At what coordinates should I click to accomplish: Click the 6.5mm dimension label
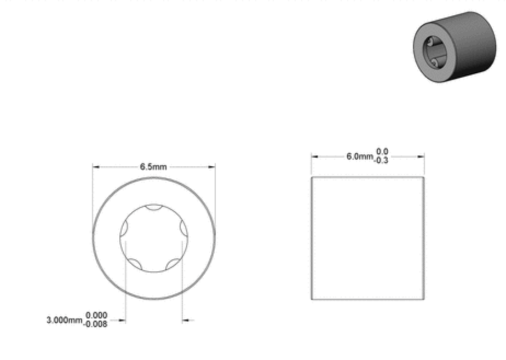pos(153,167)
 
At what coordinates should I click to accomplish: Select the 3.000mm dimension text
pos(65,320)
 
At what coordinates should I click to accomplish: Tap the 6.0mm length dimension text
pos(360,156)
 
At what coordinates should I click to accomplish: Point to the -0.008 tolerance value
pos(95,324)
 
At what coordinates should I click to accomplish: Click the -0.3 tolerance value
pos(381,160)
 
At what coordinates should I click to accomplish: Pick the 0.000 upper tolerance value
pos(96,315)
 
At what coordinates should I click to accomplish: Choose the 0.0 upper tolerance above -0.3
pos(382,152)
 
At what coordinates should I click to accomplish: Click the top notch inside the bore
pos(153,207)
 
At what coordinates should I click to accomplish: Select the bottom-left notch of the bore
pos(136,264)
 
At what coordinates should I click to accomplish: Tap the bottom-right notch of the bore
pos(173,264)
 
